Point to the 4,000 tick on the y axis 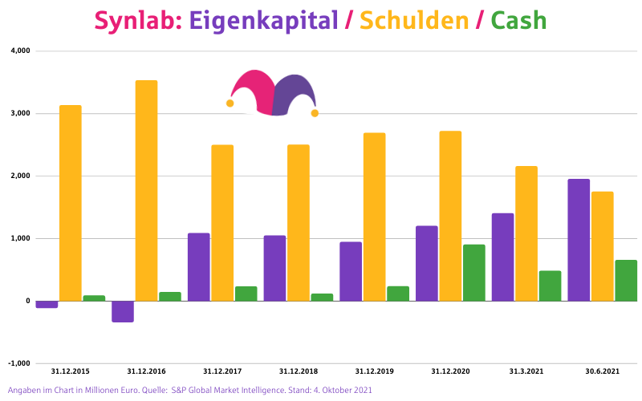coord(19,51)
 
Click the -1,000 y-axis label coord(18,363)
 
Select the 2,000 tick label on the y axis coord(19,176)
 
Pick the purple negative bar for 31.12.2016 coord(123,311)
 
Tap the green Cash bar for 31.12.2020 coord(474,273)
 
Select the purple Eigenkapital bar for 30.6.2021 coord(579,240)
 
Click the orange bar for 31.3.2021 coord(526,233)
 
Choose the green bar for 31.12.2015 coord(94,298)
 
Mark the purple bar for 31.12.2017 coord(199,267)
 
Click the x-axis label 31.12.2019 coord(374,371)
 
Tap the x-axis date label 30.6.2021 coord(602,371)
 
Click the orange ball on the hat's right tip coord(315,113)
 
